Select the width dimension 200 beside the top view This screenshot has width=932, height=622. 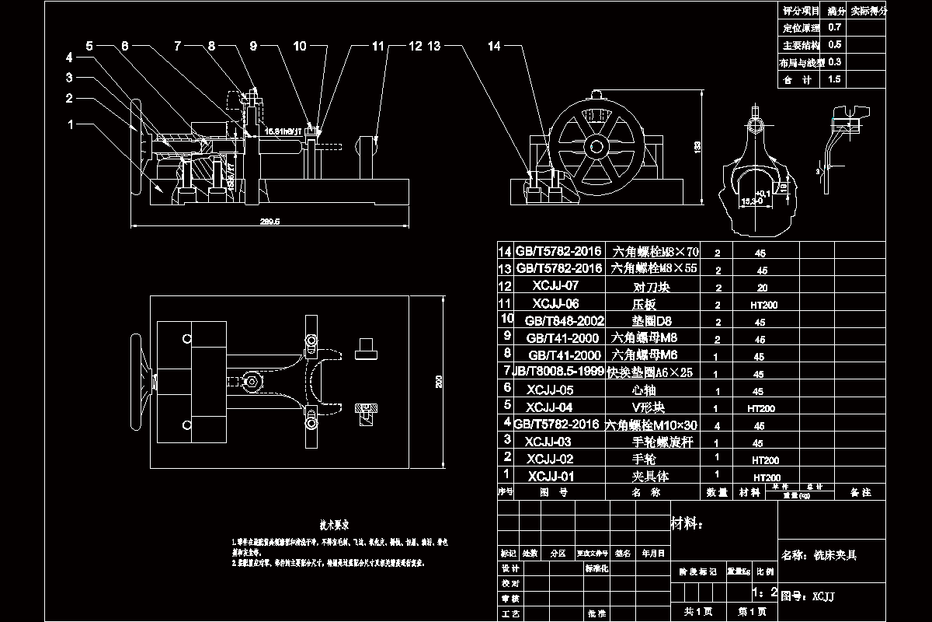click(x=440, y=381)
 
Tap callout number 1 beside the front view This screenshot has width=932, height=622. click(x=71, y=124)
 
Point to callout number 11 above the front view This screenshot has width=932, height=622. click(x=378, y=47)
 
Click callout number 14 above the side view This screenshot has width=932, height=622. click(x=495, y=47)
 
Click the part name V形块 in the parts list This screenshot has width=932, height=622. click(x=649, y=407)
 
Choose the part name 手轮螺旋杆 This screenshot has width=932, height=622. click(x=662, y=442)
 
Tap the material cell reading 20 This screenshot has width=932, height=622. click(x=762, y=288)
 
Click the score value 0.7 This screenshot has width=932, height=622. click(x=835, y=27)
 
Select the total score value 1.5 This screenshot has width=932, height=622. click(x=835, y=79)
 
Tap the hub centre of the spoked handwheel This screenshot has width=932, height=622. click(x=596, y=146)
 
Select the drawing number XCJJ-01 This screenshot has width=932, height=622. click(x=551, y=476)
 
